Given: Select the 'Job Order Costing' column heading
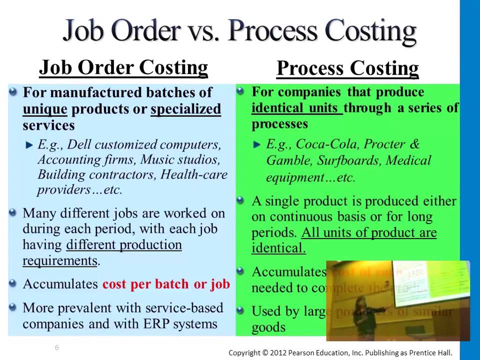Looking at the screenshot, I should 123,67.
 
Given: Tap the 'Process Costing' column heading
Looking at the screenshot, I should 347,68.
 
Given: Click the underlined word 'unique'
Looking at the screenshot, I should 44,109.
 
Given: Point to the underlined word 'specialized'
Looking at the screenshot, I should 185,109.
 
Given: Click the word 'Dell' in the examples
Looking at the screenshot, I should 79,145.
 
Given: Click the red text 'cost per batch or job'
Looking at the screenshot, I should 166,284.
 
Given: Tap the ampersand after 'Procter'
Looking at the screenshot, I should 414,144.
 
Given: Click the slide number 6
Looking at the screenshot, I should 57,347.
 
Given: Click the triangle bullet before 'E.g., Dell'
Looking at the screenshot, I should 29,145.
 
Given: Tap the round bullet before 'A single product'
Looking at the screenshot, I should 240,201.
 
